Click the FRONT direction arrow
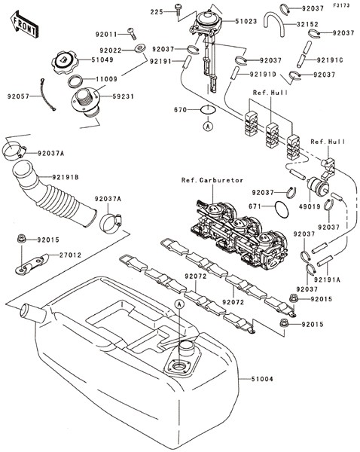point(24,25)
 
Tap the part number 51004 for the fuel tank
point(261,379)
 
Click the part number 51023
point(246,22)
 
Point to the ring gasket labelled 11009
point(76,81)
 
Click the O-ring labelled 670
point(208,110)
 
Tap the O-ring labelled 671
point(281,209)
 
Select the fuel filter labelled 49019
point(319,185)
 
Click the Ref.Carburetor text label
point(212,180)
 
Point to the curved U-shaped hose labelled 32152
point(274,23)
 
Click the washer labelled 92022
point(140,48)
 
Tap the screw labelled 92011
point(132,33)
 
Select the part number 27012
point(70,255)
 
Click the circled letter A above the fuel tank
point(179,304)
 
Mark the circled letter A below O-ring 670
point(208,126)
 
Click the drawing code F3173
point(342,5)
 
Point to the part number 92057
point(18,96)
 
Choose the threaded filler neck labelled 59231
point(86,102)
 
